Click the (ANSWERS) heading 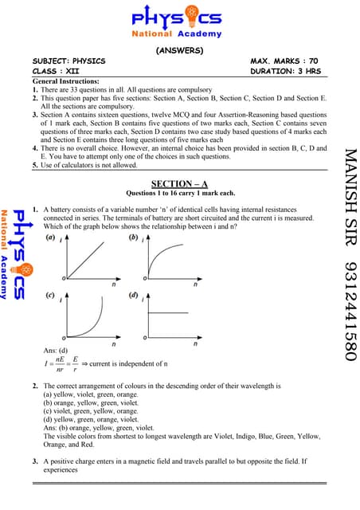(x=179, y=50)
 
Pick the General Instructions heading (x=66, y=82)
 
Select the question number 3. (x=35, y=462)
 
